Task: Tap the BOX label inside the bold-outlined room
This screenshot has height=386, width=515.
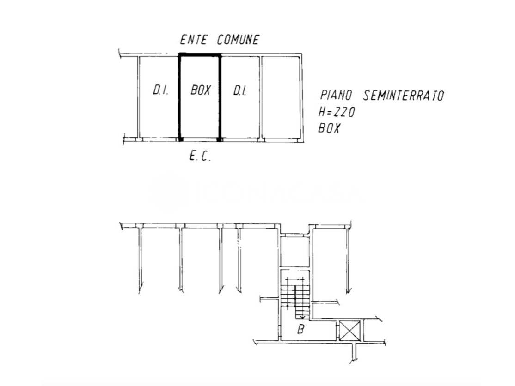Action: coord(200,90)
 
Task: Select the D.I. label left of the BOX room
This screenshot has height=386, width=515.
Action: coord(159,90)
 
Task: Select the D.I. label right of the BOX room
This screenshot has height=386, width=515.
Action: coord(239,90)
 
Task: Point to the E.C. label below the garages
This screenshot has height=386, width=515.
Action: coord(200,157)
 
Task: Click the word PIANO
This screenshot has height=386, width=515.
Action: coord(336,96)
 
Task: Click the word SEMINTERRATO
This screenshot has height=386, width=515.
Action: coord(404,96)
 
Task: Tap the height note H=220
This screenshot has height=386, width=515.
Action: coord(337,112)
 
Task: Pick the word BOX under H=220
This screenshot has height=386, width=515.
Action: coord(329,128)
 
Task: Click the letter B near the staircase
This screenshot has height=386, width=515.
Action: coord(301,330)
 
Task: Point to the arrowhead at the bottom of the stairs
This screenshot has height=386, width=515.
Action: coord(302,316)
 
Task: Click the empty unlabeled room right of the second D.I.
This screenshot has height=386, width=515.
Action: coord(282,97)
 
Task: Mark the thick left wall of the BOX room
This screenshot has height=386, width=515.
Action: coord(179,97)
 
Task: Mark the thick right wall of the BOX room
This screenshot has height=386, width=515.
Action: coord(220,97)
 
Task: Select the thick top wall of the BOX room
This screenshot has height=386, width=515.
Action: coord(200,55)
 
